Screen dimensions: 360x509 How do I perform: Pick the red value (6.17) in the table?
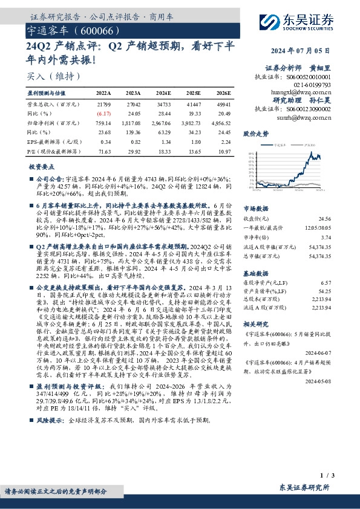click(104, 113)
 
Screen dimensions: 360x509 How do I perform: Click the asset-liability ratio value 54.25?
click(326, 291)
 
